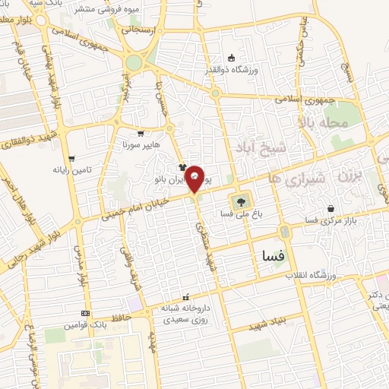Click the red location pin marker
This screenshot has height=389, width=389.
tap(195, 179)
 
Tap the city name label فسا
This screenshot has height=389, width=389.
tap(272, 259)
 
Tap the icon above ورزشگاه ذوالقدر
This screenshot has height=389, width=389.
tap(232, 59)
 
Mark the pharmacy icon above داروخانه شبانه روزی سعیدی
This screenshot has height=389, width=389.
tap(185, 297)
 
